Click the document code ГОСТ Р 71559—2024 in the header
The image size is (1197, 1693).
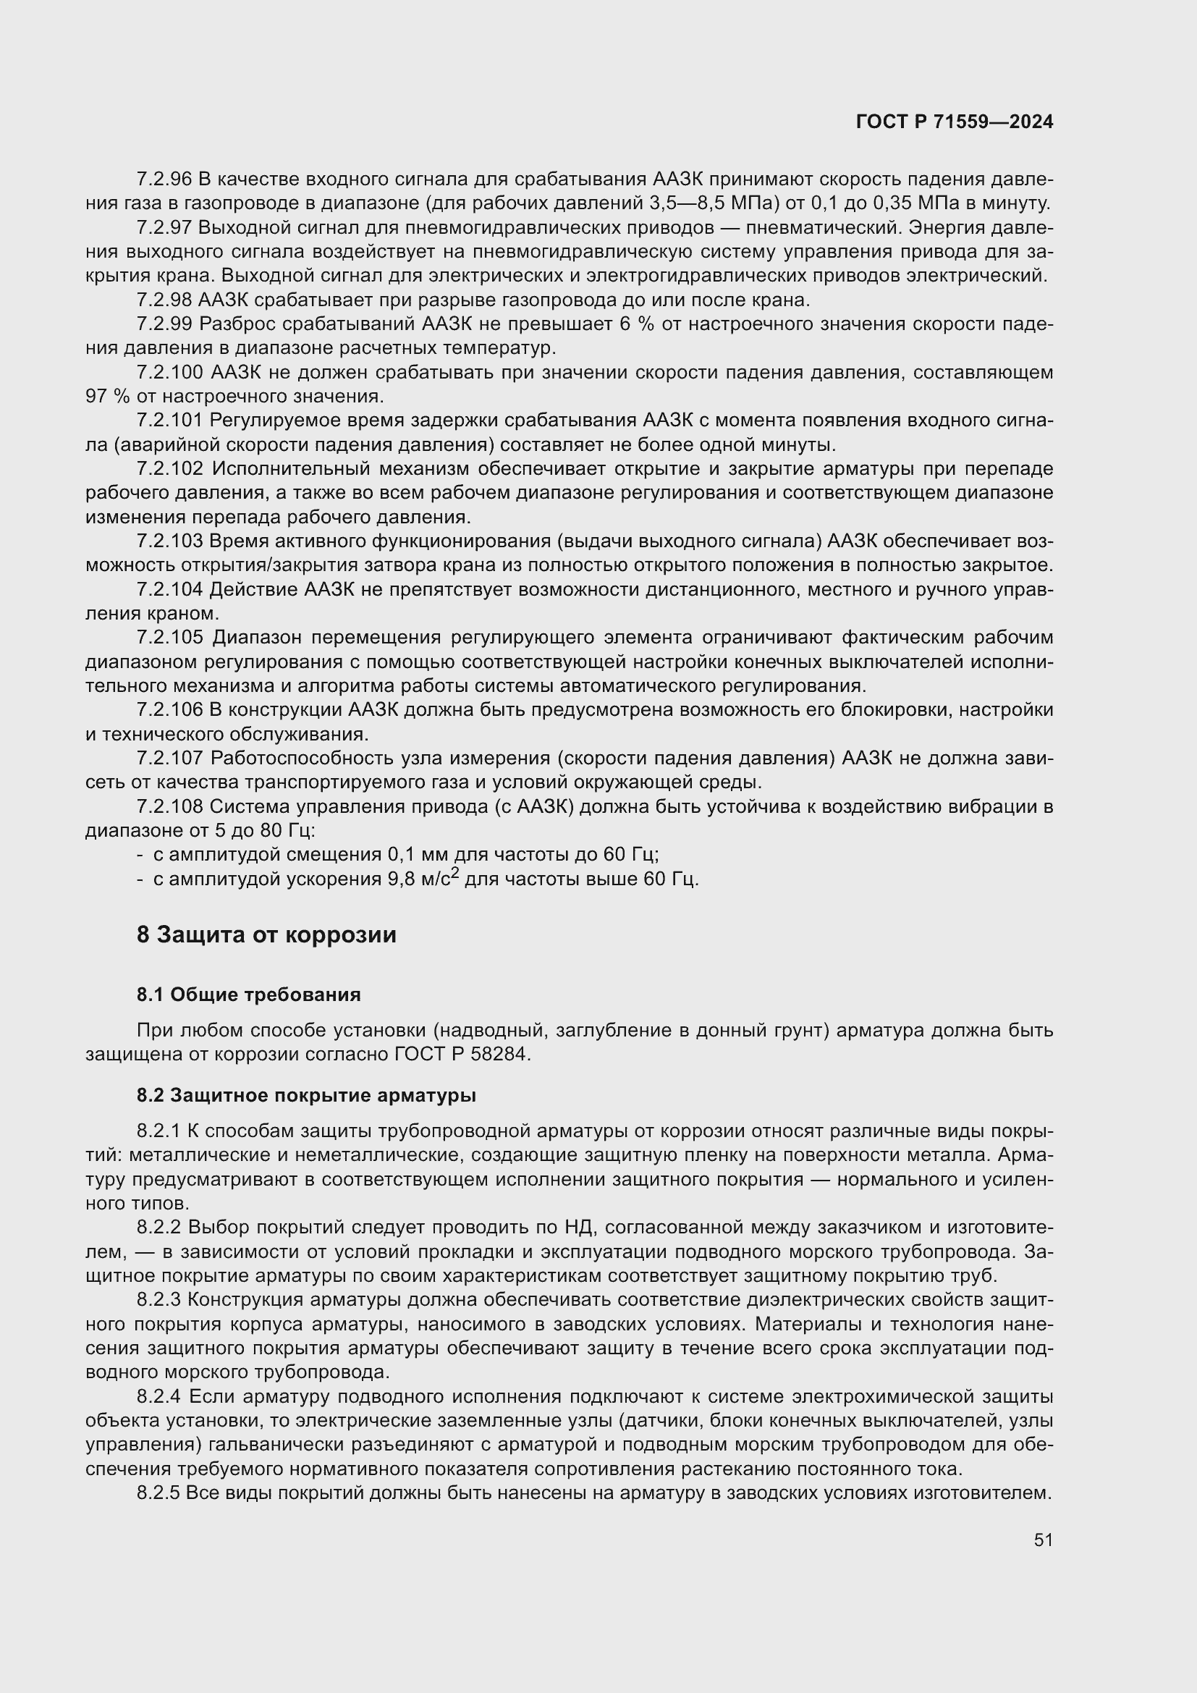point(955,122)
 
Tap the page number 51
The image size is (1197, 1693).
point(1043,1540)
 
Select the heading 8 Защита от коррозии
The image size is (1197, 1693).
point(266,935)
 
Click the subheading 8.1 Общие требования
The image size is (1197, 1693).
point(248,995)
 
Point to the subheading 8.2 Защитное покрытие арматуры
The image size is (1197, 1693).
point(306,1096)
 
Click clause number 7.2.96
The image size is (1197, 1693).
point(164,180)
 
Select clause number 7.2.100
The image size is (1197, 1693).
point(169,372)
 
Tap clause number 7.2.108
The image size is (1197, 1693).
point(169,806)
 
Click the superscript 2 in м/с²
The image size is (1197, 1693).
point(455,874)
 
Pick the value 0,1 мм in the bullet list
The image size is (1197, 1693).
point(418,856)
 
